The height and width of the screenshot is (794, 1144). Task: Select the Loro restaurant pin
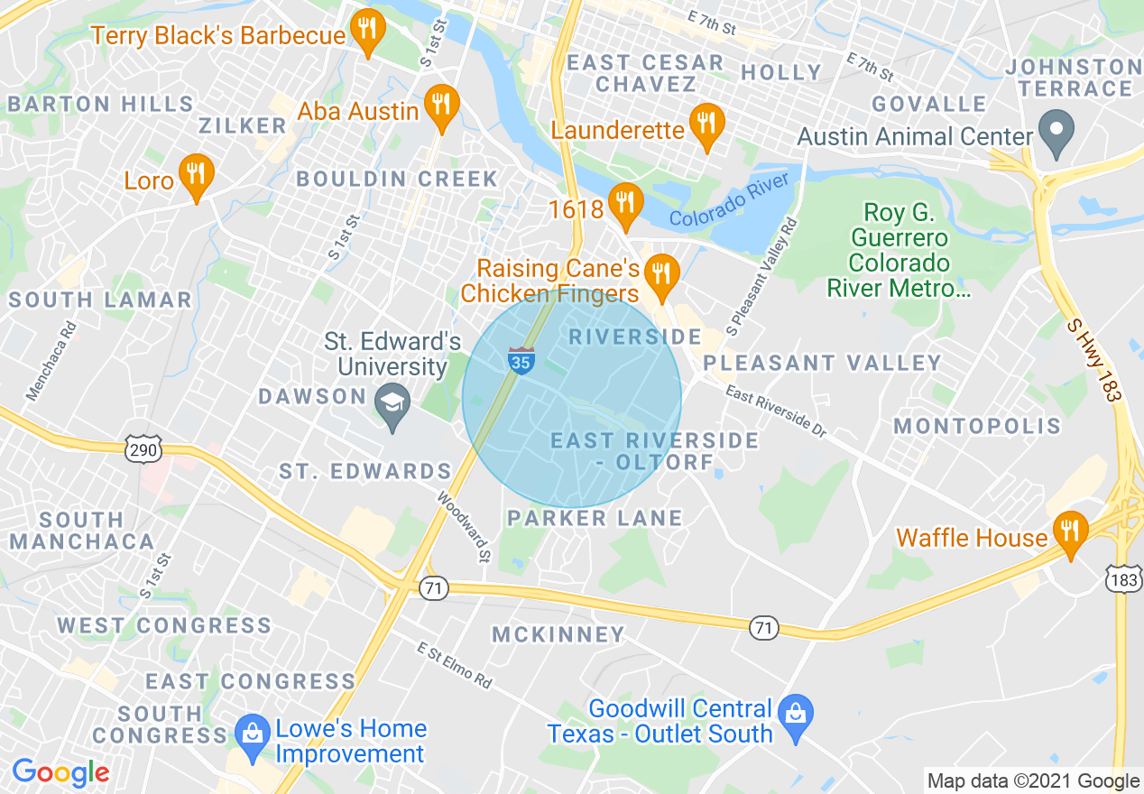[x=196, y=177]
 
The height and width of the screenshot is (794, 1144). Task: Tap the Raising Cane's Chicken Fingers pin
[x=663, y=276]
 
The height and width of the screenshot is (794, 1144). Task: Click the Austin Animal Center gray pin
[x=1056, y=133]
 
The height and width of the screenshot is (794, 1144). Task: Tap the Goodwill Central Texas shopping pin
[x=796, y=716]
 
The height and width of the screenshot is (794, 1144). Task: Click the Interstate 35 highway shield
[x=521, y=360]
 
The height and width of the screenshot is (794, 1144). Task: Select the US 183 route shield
[x=1124, y=578]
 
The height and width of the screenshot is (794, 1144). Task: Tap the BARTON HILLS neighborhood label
[x=100, y=104]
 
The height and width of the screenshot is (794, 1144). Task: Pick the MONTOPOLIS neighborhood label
[x=977, y=426]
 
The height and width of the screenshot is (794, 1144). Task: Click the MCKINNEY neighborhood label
[x=558, y=634]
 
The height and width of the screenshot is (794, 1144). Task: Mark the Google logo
[x=60, y=772]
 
